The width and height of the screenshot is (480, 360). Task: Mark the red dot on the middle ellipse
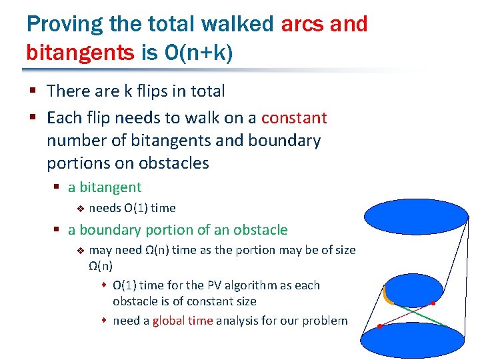click(433, 304)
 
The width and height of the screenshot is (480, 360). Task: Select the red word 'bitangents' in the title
click(80, 51)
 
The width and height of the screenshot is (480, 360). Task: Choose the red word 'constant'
click(294, 118)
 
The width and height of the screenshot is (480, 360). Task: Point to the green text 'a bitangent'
click(105, 187)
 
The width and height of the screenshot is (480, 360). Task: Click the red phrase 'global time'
click(183, 321)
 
